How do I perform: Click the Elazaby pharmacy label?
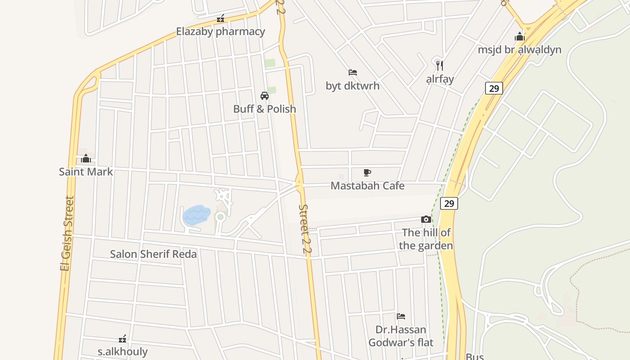pyautogui.click(x=220, y=31)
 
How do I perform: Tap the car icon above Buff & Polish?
pyautogui.click(x=265, y=95)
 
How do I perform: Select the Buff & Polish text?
pyautogui.click(x=265, y=109)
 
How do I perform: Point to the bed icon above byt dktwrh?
pyautogui.click(x=353, y=72)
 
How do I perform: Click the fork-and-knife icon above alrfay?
pyautogui.click(x=440, y=66)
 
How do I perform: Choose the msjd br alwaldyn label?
pyautogui.click(x=520, y=49)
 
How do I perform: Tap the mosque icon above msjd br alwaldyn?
pyautogui.click(x=520, y=36)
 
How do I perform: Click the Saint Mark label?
pyautogui.click(x=86, y=172)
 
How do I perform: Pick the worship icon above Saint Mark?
pyautogui.click(x=86, y=158)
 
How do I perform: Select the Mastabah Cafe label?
pyautogui.click(x=368, y=186)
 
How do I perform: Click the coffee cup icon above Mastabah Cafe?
pyautogui.click(x=367, y=172)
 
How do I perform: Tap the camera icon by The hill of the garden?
pyautogui.click(x=426, y=220)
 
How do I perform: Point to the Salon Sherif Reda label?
pyautogui.click(x=153, y=254)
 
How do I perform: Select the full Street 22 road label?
pyautogui.click(x=305, y=231)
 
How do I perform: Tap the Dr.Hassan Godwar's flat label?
pyautogui.click(x=401, y=336)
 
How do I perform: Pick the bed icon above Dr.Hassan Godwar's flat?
pyautogui.click(x=401, y=316)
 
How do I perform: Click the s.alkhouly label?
pyautogui.click(x=122, y=351)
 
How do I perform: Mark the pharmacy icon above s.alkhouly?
pyautogui.click(x=122, y=338)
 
